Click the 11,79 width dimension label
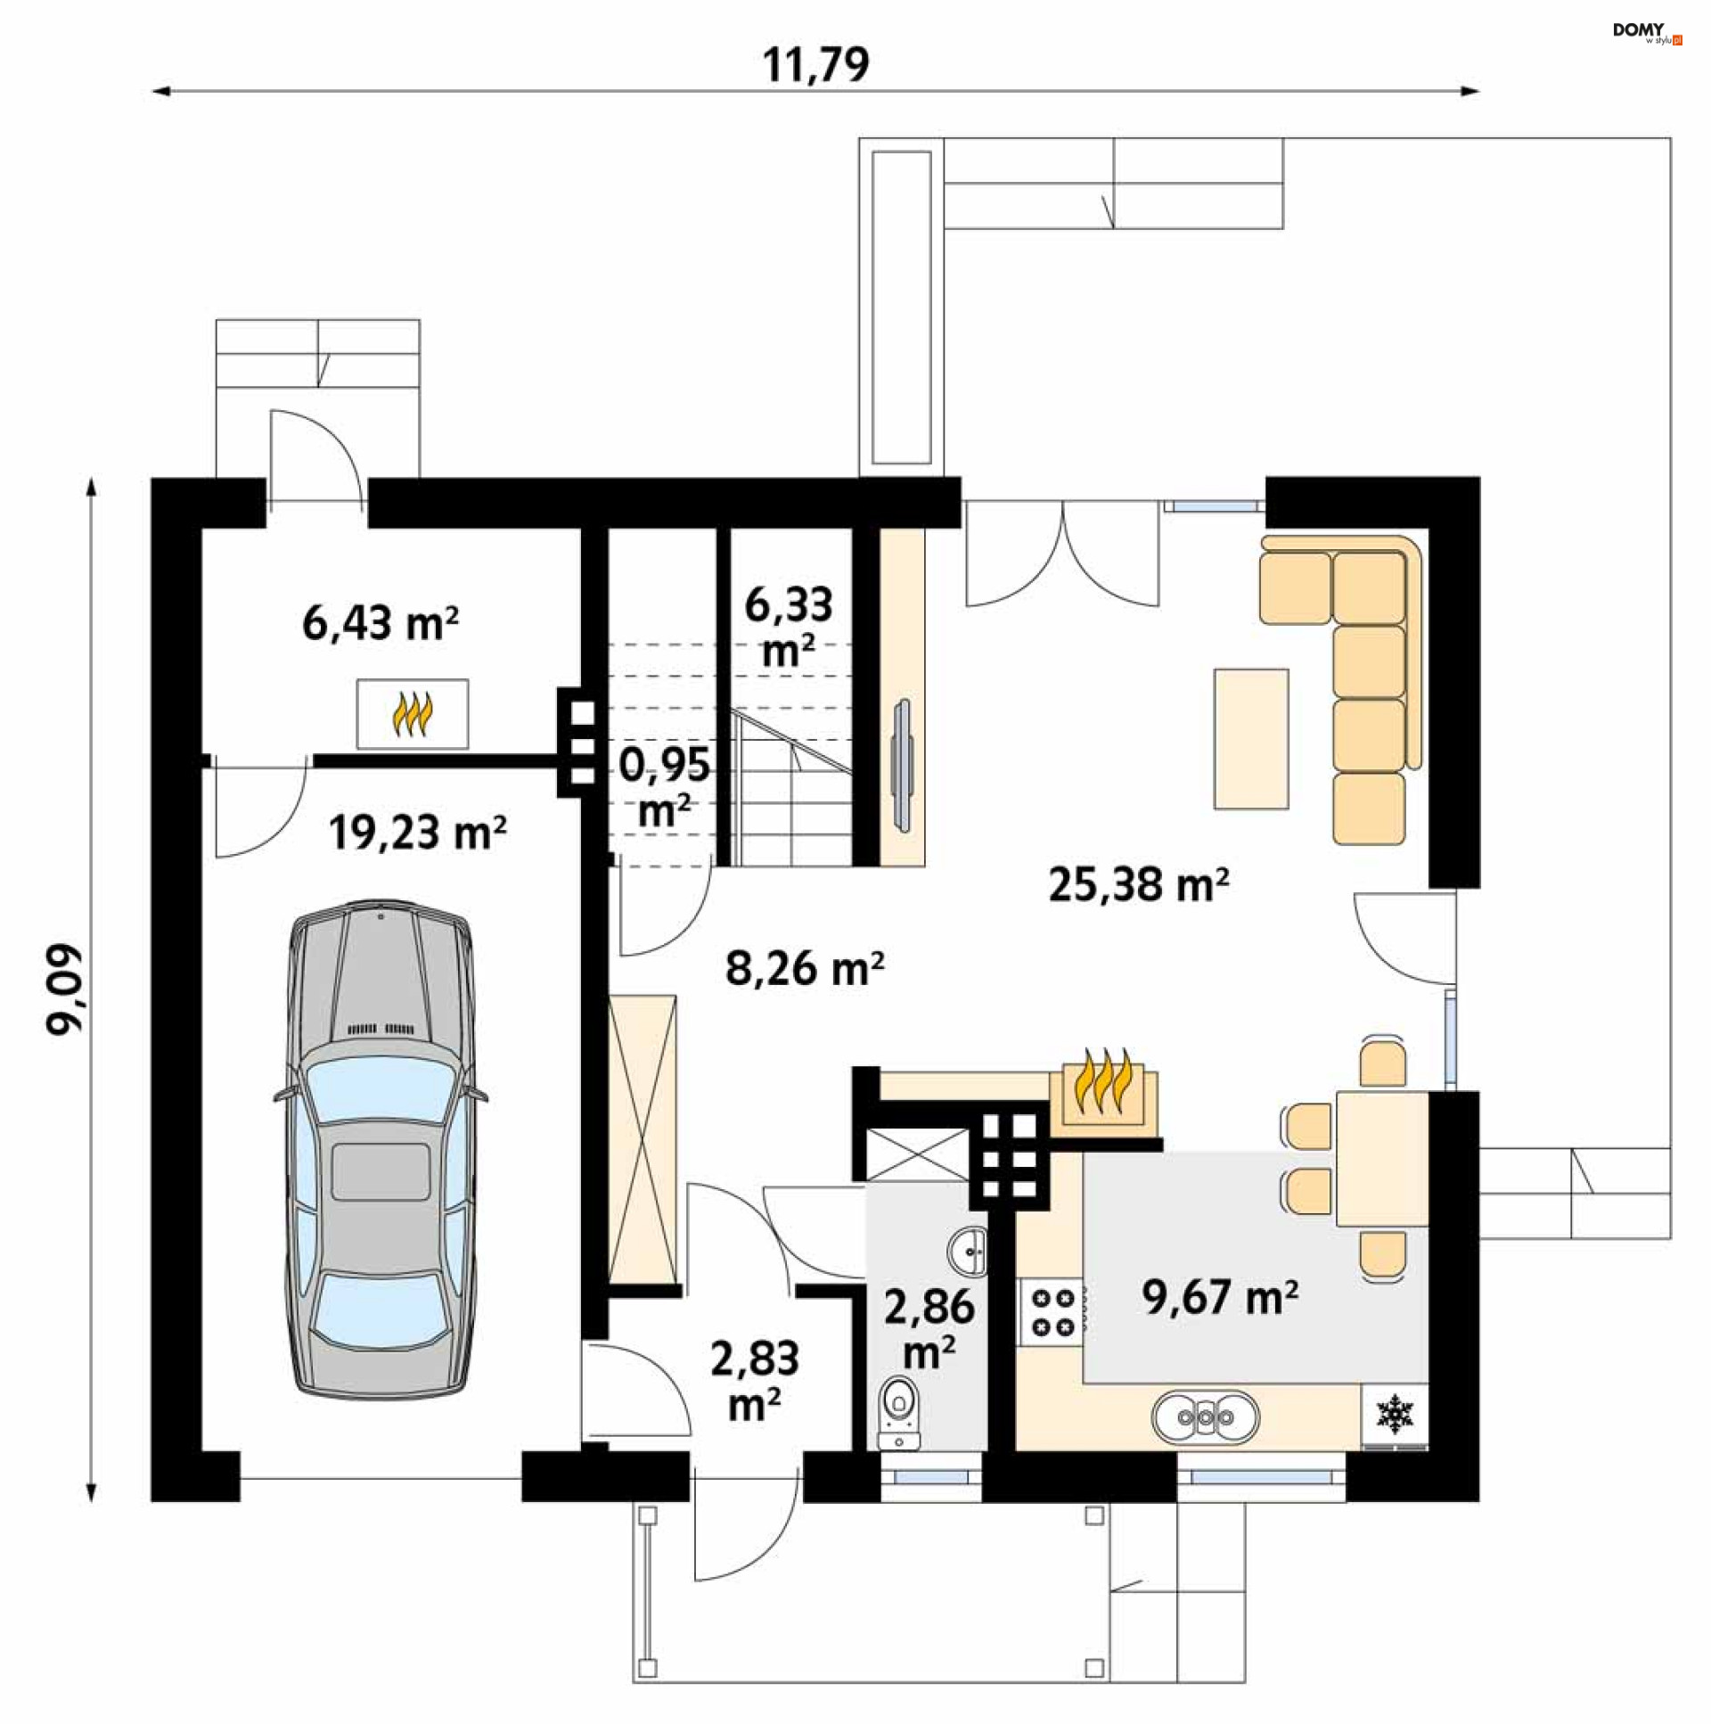pyautogui.click(x=815, y=64)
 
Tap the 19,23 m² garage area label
pyautogui.click(x=417, y=833)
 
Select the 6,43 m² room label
pyautogui.click(x=380, y=623)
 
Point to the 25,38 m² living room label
pyautogui.click(x=1138, y=884)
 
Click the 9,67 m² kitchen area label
pyautogui.click(x=1219, y=1297)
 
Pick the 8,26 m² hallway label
pyautogui.click(x=805, y=967)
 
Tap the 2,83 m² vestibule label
pyautogui.click(x=755, y=1382)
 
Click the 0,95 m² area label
pyautogui.click(x=665, y=787)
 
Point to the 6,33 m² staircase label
pyautogui.click(x=789, y=627)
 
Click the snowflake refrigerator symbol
pyautogui.click(x=1396, y=1415)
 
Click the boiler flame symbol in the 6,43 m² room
pyautogui.click(x=412, y=714)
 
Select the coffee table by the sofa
pyautogui.click(x=1250, y=739)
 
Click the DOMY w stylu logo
pyautogui.click(x=1647, y=33)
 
